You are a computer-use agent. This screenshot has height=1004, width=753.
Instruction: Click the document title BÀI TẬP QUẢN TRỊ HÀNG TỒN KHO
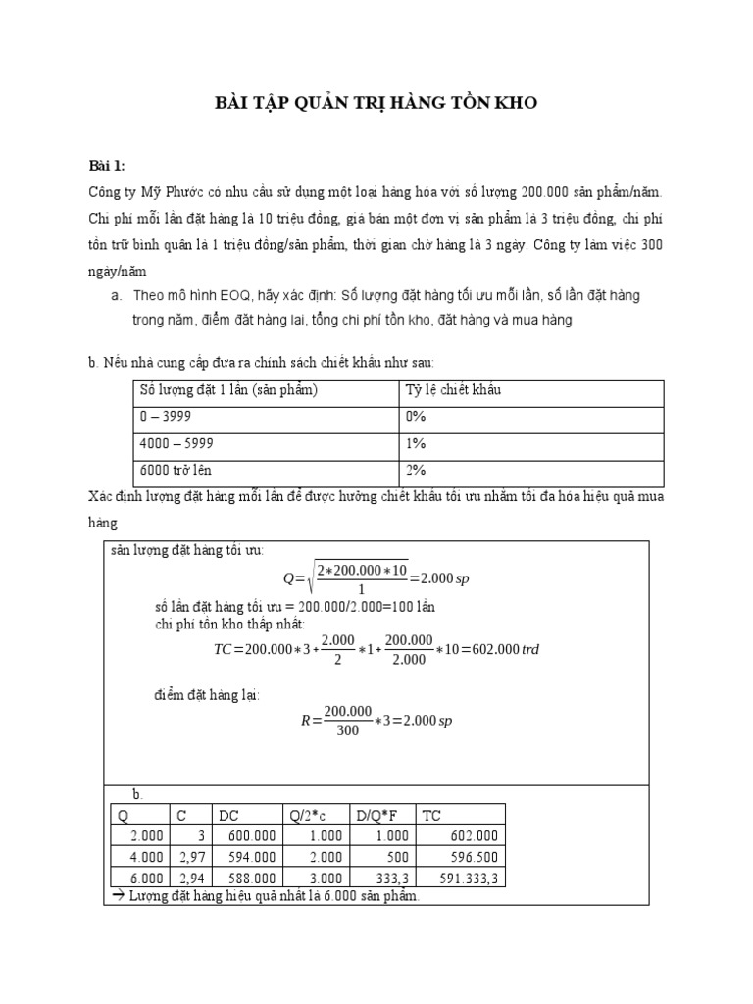click(x=376, y=103)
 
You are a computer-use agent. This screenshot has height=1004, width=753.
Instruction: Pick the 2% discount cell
click(x=416, y=470)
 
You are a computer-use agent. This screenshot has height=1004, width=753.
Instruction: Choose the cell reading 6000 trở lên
click(x=175, y=470)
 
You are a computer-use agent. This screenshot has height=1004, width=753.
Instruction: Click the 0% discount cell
click(x=416, y=416)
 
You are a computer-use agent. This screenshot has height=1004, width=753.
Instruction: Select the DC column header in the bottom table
click(x=228, y=814)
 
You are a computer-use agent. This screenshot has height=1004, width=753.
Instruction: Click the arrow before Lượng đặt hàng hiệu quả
click(x=110, y=897)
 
